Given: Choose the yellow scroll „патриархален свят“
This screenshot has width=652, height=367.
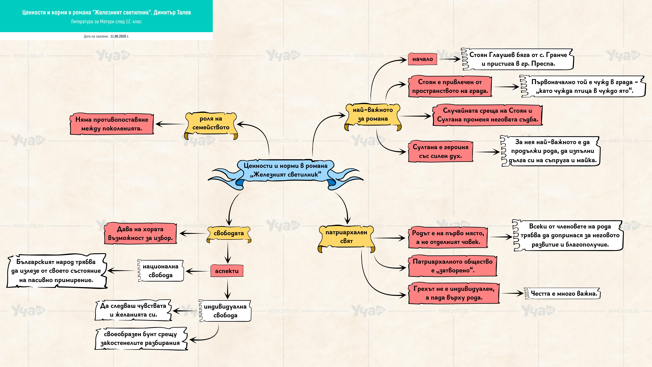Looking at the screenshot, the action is pyautogui.click(x=346, y=238).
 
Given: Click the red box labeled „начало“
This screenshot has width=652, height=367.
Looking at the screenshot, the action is pyautogui.click(x=422, y=59).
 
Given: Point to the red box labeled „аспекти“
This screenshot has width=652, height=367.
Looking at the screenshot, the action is pyautogui.click(x=227, y=271).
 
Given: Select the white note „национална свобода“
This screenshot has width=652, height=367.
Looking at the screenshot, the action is pyautogui.click(x=160, y=271).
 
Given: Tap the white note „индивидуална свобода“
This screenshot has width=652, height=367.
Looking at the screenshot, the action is pyautogui.click(x=225, y=311).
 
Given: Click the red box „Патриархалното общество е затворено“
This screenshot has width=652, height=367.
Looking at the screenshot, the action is pyautogui.click(x=453, y=266).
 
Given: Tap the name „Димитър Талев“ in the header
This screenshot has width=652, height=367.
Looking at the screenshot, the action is pyautogui.click(x=172, y=12).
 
